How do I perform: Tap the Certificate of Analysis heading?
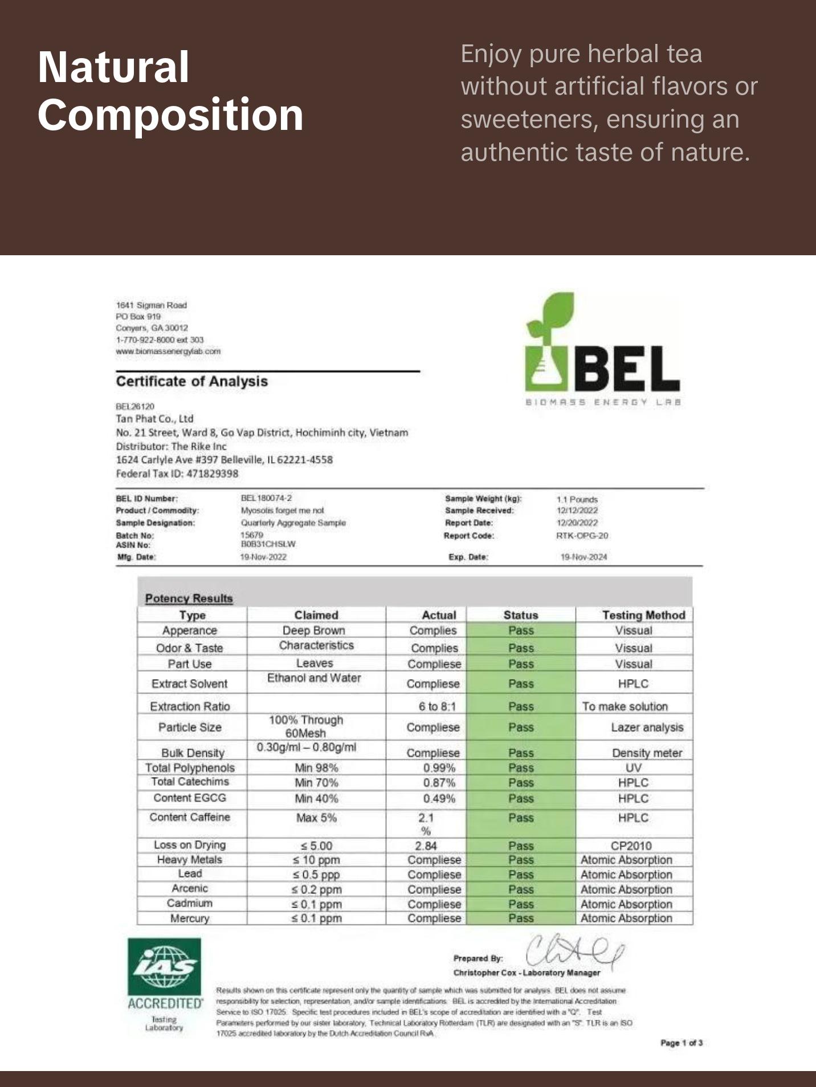pos(191,381)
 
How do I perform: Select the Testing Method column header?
pos(643,615)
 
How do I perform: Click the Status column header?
pos(520,615)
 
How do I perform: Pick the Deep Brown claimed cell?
pos(313,630)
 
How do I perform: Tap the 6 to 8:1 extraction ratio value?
pos(437,706)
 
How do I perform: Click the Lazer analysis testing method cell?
pos(647,728)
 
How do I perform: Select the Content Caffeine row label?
pos(190,817)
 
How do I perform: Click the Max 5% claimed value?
pos(316,818)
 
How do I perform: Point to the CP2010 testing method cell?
pos(631,845)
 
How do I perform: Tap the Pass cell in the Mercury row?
pos(521,918)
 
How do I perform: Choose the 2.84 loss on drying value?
pos(426,845)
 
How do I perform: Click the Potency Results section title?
pos(189,598)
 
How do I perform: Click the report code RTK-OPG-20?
pos(582,536)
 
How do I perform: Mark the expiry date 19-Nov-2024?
pos(584,557)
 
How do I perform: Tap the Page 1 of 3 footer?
pos(681,1043)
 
